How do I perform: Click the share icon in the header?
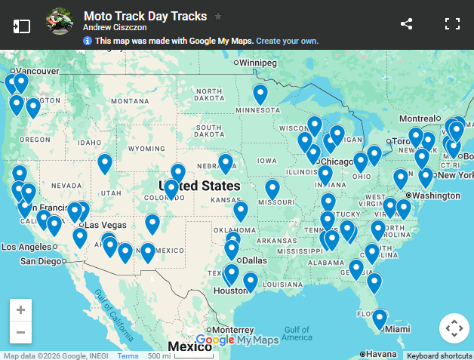pyautogui.click(x=407, y=23)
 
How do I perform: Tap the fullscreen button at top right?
pyautogui.click(x=452, y=23)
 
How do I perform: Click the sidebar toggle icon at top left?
pyautogui.click(x=22, y=25)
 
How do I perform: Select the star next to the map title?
pyautogui.click(x=218, y=16)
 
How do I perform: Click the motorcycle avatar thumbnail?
pyautogui.click(x=60, y=21)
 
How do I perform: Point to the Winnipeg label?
pyautogui.click(x=257, y=63)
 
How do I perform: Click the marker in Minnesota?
pyautogui.click(x=260, y=94)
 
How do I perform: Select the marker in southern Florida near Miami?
pyautogui.click(x=380, y=318)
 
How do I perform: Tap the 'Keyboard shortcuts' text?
pyautogui.click(x=439, y=355)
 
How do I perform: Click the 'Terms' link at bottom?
pyautogui.click(x=128, y=355)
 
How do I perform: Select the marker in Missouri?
pyautogui.click(x=272, y=189)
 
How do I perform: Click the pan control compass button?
pyautogui.click(x=454, y=328)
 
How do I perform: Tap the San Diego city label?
pyautogui.click(x=41, y=261)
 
